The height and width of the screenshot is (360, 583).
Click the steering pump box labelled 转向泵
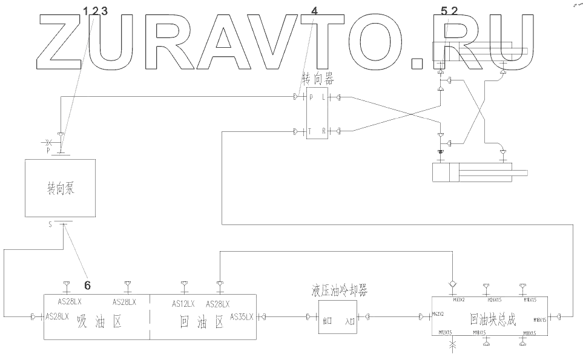59,188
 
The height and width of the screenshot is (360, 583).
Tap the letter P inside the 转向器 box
311,97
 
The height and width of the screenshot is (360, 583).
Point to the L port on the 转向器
323,97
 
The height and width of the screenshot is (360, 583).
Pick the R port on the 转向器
323,131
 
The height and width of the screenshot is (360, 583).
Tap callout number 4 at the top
314,11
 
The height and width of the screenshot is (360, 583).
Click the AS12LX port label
183,304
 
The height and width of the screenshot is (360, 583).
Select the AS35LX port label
243,316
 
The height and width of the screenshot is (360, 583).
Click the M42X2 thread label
438,315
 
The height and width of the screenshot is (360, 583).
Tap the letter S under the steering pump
51,224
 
